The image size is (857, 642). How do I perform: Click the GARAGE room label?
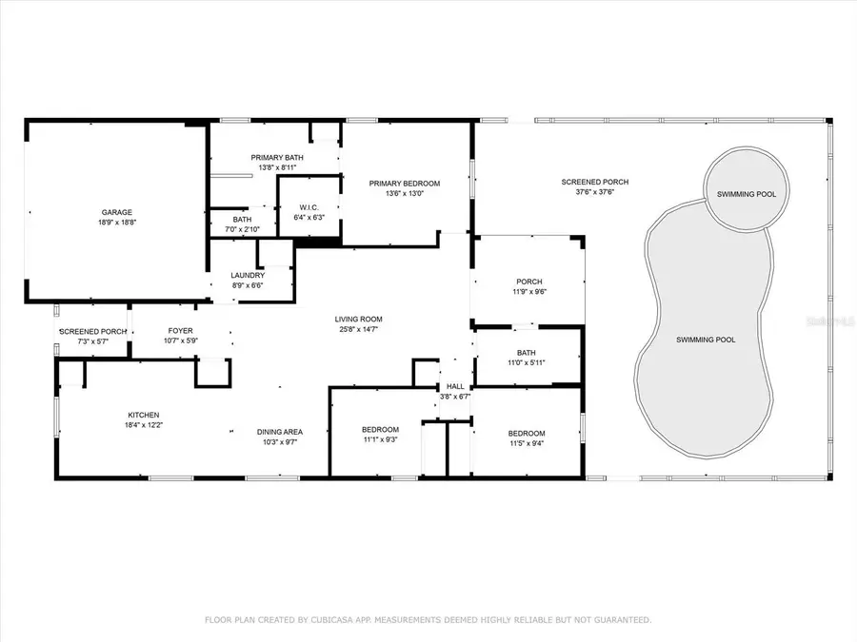pos(117,212)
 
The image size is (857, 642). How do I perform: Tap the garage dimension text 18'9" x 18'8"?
pos(117,223)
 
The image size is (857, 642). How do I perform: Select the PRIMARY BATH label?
pos(277,157)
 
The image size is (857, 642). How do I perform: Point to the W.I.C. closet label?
pos(309,206)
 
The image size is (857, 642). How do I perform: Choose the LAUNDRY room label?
pos(248,275)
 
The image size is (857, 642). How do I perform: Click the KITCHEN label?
pos(144,414)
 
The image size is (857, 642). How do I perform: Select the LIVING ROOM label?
pos(357,319)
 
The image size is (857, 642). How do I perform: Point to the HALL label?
pos(456,386)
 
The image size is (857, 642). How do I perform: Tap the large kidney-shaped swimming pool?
pos(706,340)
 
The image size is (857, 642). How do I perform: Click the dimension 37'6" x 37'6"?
pos(594,191)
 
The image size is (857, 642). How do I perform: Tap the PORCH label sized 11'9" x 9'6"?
pos(528,282)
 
